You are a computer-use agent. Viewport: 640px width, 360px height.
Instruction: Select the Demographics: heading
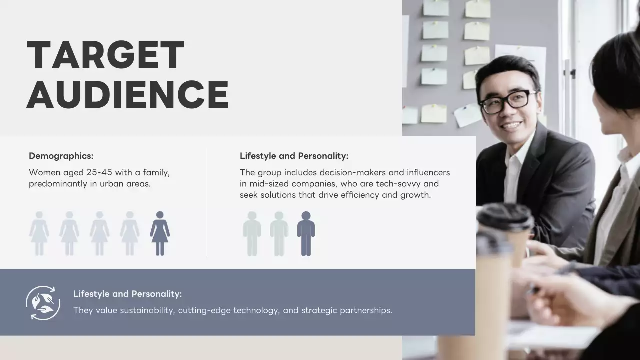(61, 156)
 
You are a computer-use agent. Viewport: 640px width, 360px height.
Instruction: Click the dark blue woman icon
(160, 233)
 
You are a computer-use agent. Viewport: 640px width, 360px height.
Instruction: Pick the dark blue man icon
(306, 233)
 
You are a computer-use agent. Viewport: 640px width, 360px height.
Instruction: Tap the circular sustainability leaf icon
(43, 303)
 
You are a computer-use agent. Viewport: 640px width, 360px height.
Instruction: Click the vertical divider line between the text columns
(207, 202)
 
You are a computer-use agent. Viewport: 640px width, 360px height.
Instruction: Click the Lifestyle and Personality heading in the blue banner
(127, 294)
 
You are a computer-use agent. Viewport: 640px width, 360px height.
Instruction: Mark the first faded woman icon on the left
(39, 233)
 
